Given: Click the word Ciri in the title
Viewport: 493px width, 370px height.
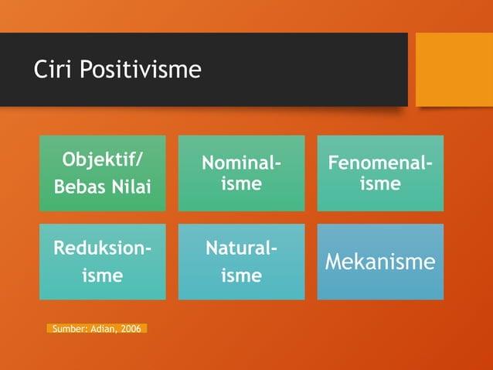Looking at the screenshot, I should (51, 70).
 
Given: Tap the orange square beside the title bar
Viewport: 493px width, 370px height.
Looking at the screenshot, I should (454, 70).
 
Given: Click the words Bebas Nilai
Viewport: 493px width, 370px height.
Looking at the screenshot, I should (102, 187).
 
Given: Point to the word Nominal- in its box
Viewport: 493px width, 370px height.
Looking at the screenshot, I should (241, 164).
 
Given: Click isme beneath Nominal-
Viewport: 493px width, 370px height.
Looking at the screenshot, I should (241, 184).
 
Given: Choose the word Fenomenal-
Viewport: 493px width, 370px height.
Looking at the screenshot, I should (380, 164).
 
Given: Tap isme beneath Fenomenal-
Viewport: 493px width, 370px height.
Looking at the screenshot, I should (380, 184).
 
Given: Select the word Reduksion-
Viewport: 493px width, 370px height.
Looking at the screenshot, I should (102, 249).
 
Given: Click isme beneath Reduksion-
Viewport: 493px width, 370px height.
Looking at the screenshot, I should (102, 276).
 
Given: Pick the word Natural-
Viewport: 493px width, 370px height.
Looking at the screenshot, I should (241, 249).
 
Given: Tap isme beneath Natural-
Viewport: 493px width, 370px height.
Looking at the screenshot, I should (241, 276).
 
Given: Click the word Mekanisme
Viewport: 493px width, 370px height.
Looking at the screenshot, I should (380, 262).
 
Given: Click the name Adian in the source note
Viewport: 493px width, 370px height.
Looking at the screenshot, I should (105, 329).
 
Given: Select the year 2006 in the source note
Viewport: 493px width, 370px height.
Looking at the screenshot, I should (131, 329).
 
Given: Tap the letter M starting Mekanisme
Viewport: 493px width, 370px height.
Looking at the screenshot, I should (333, 262).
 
